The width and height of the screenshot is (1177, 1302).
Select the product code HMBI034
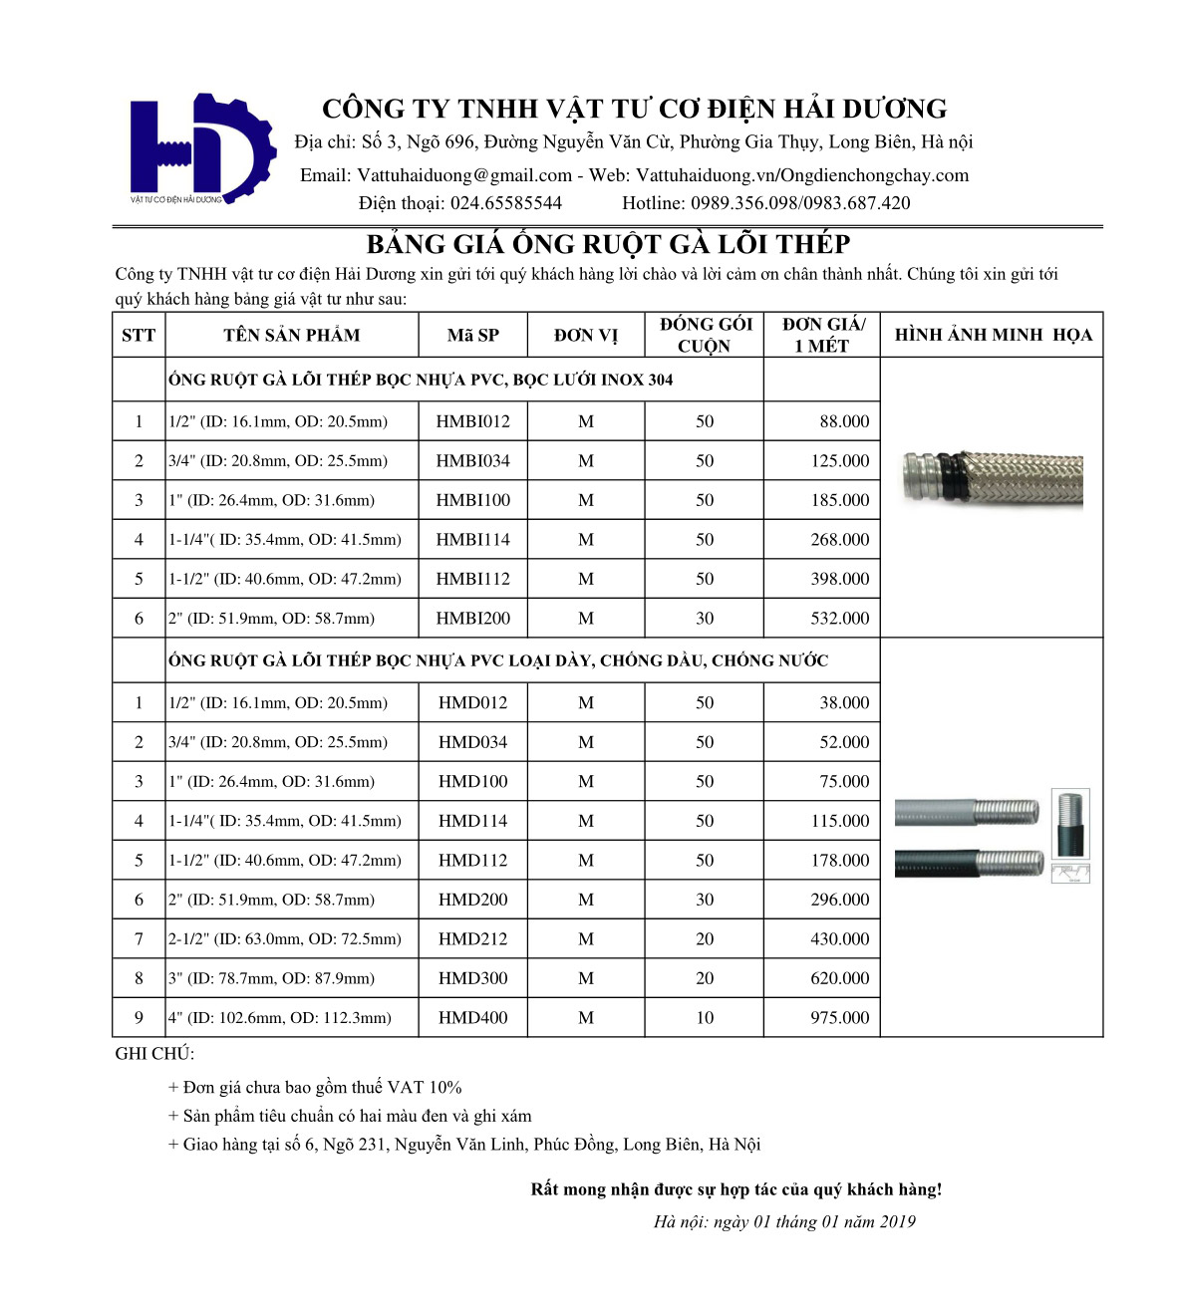pyautogui.click(x=472, y=461)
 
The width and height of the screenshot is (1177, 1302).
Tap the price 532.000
pyautogui.click(x=839, y=619)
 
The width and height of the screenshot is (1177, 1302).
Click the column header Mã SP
pyautogui.click(x=472, y=335)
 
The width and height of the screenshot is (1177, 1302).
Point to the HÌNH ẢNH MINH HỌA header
pyautogui.click(x=993, y=335)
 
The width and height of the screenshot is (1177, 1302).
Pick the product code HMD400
pyautogui.click(x=472, y=1018)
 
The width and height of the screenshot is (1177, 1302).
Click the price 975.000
pyautogui.click(x=839, y=1018)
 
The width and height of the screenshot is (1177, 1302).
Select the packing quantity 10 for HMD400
pyautogui.click(x=705, y=1018)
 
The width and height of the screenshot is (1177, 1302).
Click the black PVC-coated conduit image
pyautogui.click(x=969, y=863)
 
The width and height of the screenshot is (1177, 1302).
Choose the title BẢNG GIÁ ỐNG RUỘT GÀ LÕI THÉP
pyautogui.click(x=607, y=245)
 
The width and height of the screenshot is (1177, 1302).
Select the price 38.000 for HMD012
pyautogui.click(x=843, y=703)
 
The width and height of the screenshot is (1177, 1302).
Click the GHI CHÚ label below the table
pyautogui.click(x=155, y=1054)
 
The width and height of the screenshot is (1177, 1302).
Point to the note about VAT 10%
pyautogui.click(x=315, y=1088)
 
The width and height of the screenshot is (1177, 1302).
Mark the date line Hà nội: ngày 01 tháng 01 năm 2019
pyautogui.click(x=784, y=1222)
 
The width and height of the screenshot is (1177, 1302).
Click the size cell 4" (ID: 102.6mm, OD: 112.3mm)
pyautogui.click(x=280, y=1018)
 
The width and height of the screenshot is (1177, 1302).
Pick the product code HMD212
pyautogui.click(x=472, y=939)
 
